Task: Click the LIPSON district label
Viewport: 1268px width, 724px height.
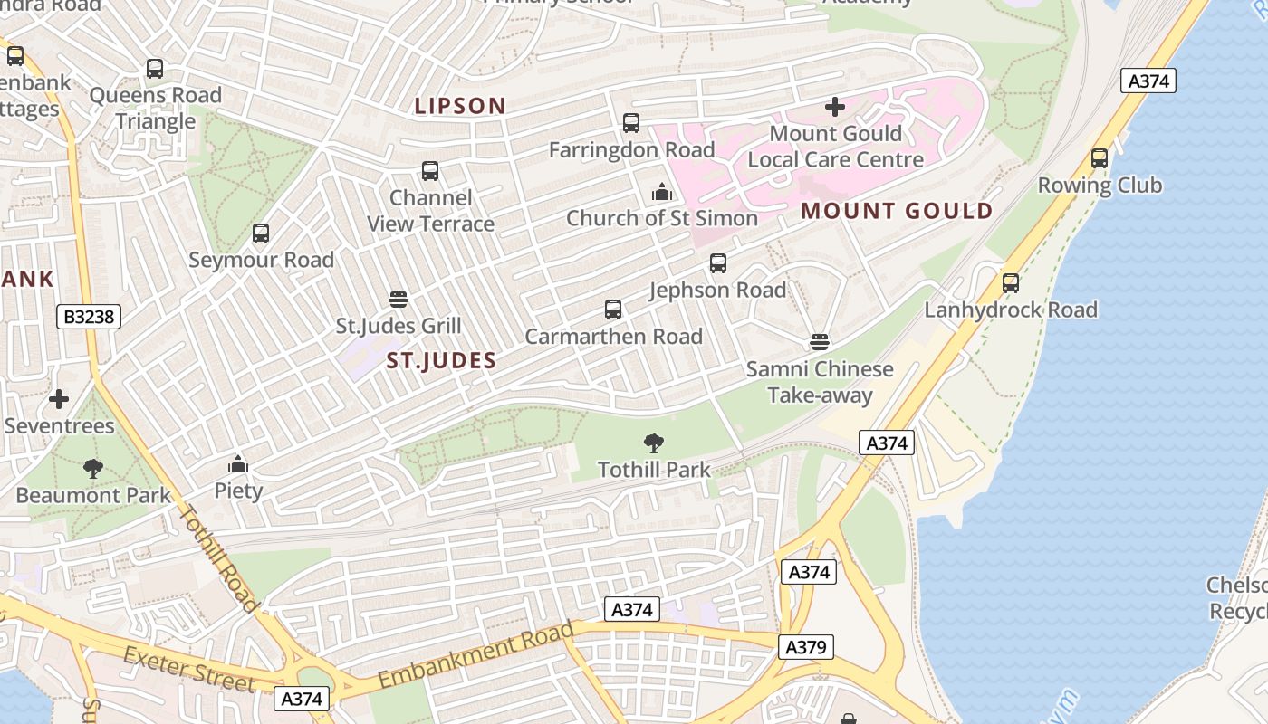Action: tap(460, 106)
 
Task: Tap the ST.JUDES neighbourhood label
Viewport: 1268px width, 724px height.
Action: tap(441, 361)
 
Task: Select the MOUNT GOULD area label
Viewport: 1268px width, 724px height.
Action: tap(897, 212)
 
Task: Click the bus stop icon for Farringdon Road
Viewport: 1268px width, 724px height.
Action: tap(631, 123)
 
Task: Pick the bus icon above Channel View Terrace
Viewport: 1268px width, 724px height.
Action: tap(430, 171)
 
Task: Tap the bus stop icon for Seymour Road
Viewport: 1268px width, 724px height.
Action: tap(261, 233)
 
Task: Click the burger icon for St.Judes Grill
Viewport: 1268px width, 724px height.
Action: tap(398, 299)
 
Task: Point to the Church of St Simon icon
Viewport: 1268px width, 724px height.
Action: tap(662, 192)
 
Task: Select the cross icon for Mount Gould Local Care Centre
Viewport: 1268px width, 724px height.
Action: tap(835, 107)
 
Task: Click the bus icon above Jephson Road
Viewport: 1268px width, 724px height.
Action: tap(718, 263)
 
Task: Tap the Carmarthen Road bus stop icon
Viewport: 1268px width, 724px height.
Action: tap(613, 310)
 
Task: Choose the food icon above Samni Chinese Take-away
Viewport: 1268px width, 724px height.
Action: tap(820, 342)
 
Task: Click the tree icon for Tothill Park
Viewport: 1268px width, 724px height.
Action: tap(653, 443)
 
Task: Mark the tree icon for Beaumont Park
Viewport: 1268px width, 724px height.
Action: tap(92, 468)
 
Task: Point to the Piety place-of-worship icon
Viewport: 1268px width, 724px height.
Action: tap(238, 464)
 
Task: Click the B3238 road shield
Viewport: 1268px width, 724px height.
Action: tap(88, 317)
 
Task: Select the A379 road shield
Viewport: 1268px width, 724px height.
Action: tap(805, 647)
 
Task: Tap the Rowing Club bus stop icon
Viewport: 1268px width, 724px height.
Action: tap(1100, 158)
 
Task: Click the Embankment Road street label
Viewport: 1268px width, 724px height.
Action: tap(476, 654)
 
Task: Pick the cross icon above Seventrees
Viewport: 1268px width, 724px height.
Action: tap(59, 398)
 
